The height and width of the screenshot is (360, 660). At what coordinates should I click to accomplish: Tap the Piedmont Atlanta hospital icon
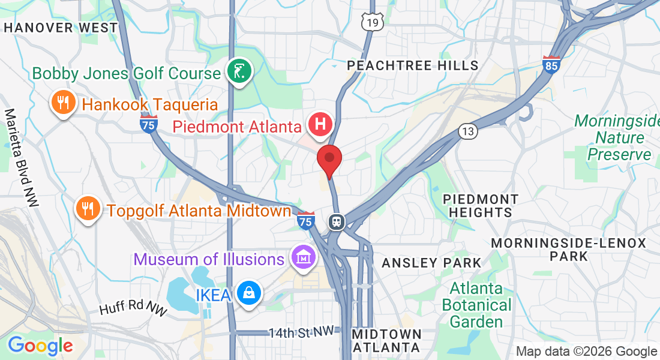coord(320,124)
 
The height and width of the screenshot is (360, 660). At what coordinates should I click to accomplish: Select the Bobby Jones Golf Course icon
coord(239,73)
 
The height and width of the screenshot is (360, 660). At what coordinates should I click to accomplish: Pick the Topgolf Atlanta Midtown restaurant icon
coord(88,209)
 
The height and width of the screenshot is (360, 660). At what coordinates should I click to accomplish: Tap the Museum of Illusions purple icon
coord(303,258)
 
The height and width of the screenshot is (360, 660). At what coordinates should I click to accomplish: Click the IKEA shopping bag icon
coord(248,294)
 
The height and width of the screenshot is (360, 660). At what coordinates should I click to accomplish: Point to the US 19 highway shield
coord(371,22)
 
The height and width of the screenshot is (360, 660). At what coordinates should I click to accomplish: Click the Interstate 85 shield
coord(551,65)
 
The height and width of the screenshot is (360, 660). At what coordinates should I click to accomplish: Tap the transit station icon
coord(337,221)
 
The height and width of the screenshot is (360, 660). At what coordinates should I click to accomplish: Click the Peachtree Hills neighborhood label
coord(413,65)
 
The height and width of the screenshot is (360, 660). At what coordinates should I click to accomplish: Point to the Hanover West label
coord(61,28)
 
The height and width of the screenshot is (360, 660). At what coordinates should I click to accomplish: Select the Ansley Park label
coord(431,263)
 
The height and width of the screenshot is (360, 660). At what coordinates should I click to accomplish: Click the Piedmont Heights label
coord(480,205)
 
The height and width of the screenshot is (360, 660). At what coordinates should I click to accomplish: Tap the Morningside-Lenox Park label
coord(568,250)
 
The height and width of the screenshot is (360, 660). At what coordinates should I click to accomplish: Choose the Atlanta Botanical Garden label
coord(476,304)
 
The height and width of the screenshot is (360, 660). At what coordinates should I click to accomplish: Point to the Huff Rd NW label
coord(132,308)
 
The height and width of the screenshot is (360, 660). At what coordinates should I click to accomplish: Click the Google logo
coord(40,346)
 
